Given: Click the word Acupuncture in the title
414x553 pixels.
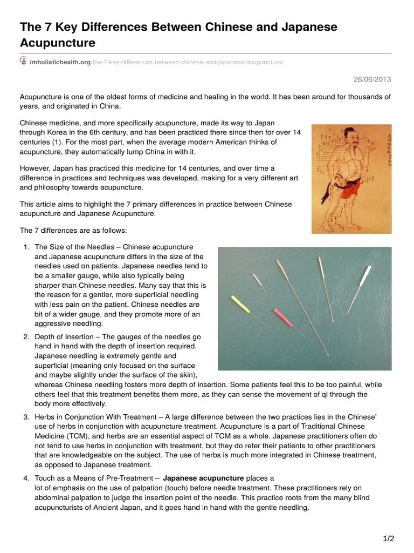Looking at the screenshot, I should click(58, 42).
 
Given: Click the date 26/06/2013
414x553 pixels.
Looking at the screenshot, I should click(372, 79).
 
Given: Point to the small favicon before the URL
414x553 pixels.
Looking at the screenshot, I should click(24, 62).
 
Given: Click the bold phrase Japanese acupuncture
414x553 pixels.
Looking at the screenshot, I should click(203, 478).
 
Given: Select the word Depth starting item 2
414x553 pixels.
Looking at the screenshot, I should click(45, 336).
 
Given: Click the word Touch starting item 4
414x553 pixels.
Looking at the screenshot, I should click(45, 478).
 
